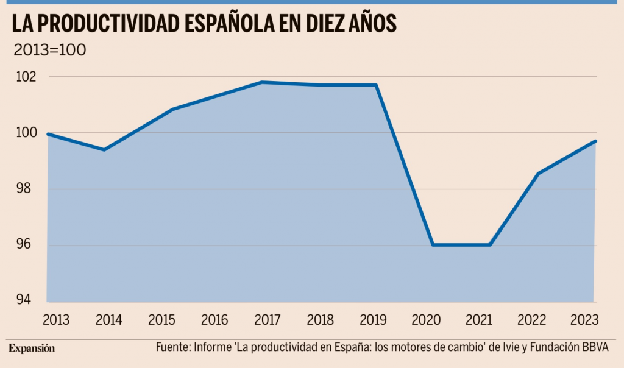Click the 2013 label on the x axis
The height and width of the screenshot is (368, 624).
click(56, 320)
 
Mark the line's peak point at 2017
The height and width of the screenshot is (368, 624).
click(261, 82)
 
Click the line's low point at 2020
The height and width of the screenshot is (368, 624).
click(433, 245)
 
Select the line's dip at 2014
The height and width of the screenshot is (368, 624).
click(104, 149)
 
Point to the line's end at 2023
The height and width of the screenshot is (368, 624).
click(595, 141)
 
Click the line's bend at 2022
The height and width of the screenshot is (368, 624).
click(538, 174)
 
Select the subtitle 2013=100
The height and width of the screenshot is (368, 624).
click(49, 49)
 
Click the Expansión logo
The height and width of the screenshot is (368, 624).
click(32, 349)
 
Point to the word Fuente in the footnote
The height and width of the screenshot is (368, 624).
click(172, 347)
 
